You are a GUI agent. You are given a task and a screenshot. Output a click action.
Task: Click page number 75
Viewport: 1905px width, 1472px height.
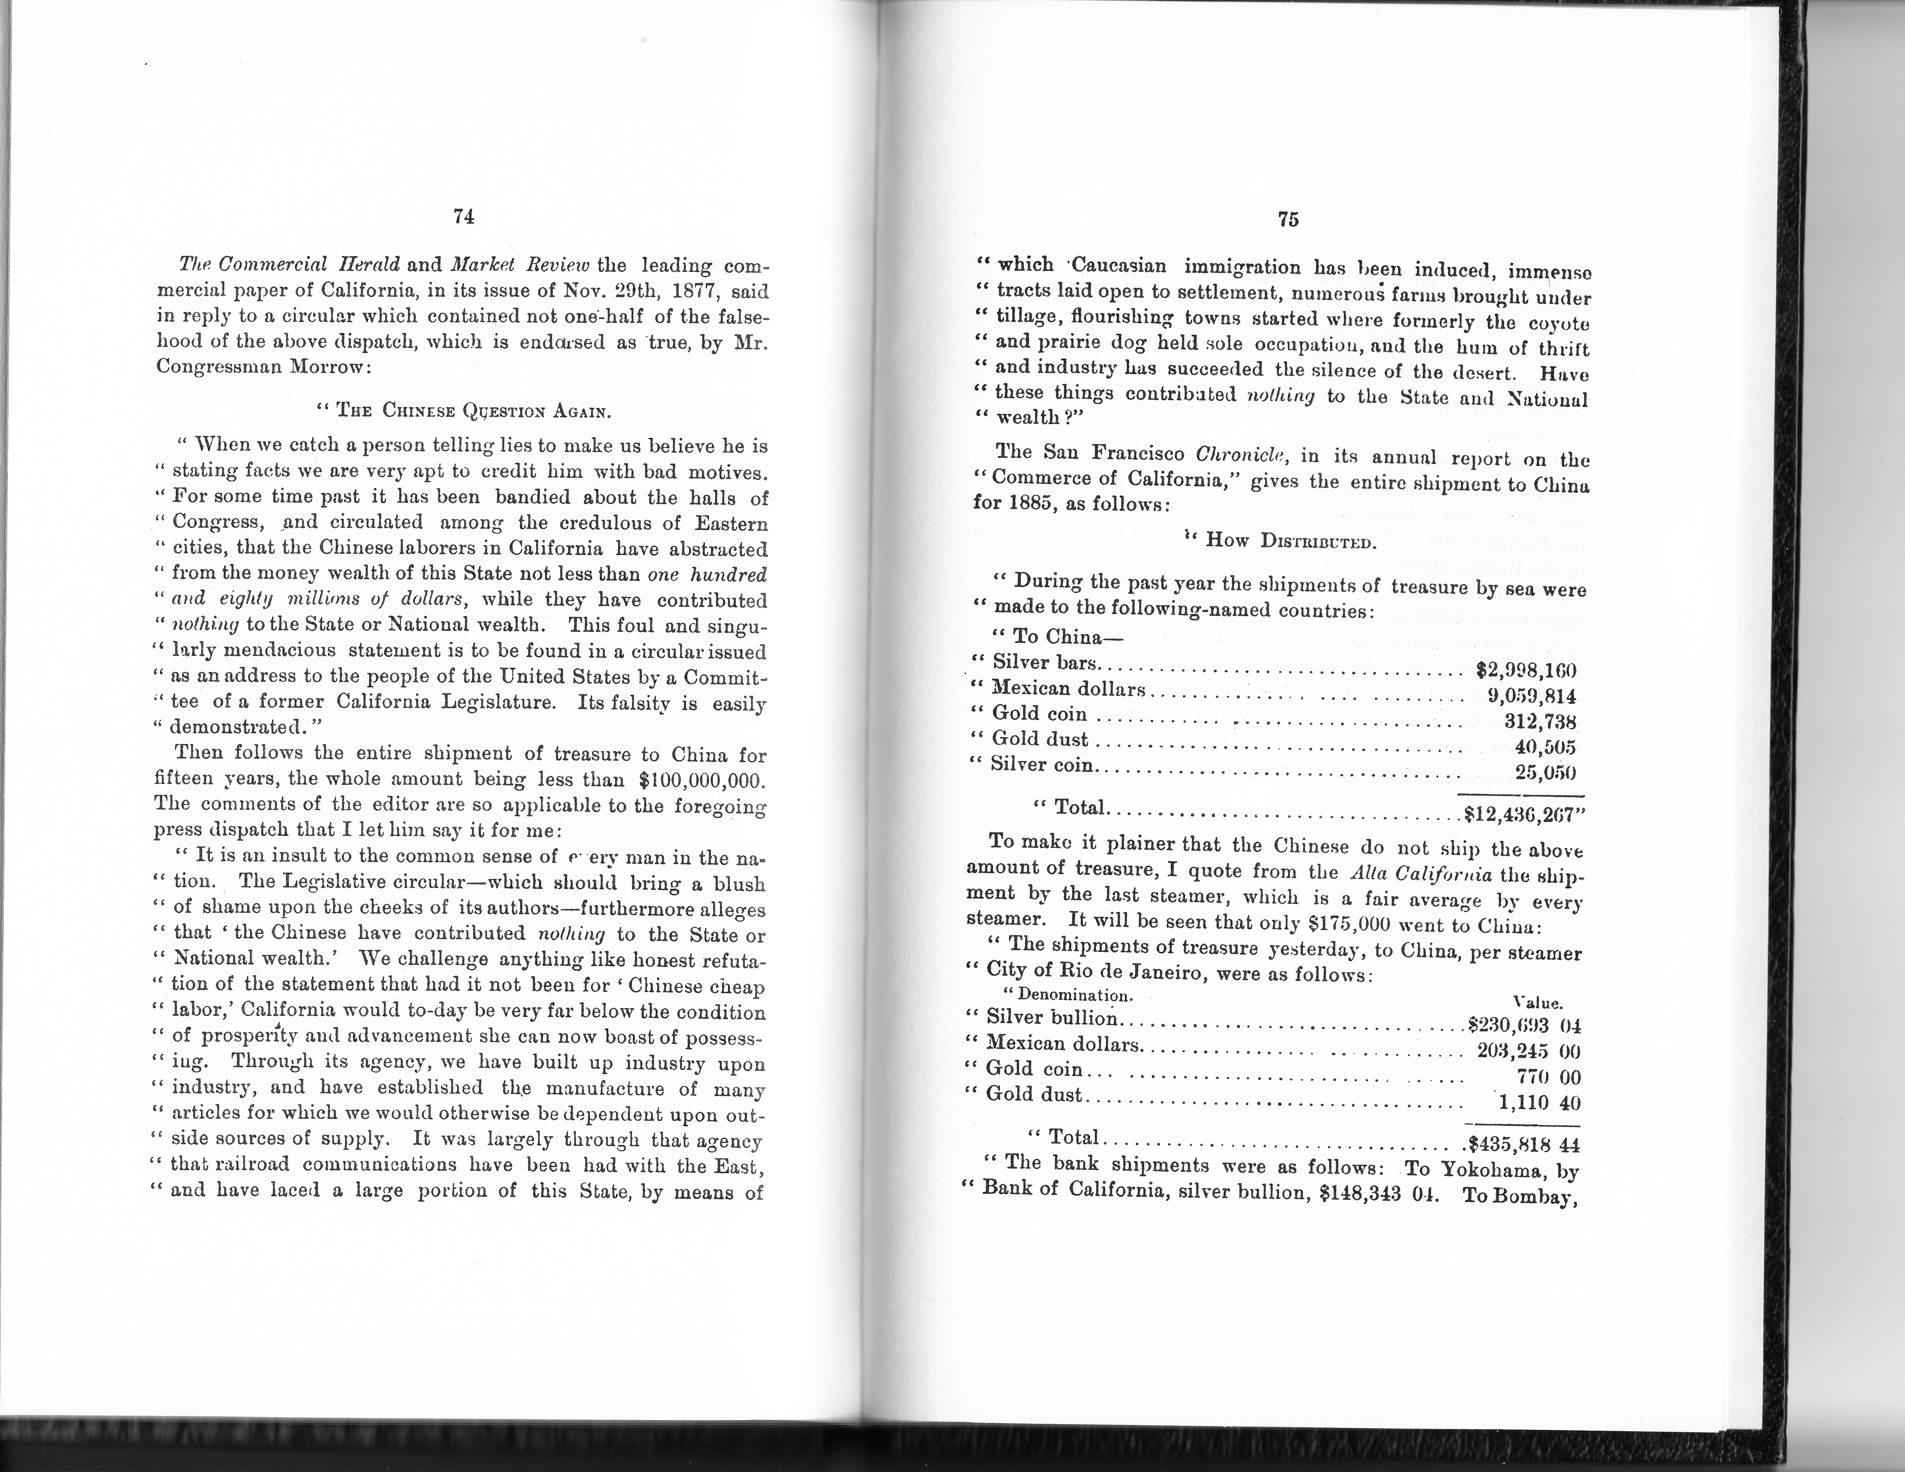tap(1287, 220)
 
